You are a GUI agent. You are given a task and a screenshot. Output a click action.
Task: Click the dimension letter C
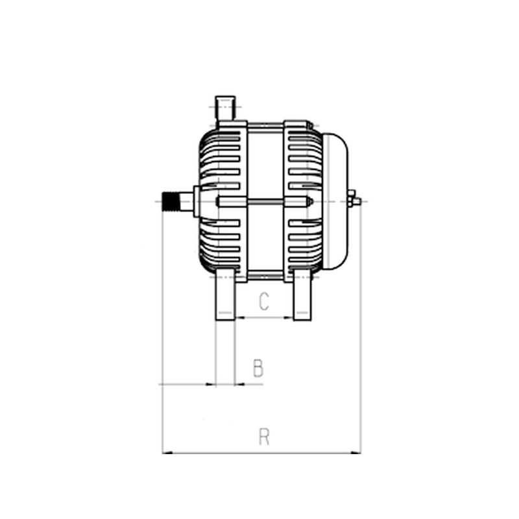(264, 301)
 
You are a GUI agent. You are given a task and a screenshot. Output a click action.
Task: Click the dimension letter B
(258, 368)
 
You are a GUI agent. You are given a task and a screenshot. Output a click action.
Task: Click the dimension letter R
(264, 437)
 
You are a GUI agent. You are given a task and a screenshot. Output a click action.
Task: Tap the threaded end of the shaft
(171, 201)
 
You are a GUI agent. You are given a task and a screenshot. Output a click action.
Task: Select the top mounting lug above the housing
(225, 108)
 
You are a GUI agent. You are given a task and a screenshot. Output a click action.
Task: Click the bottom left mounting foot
(225, 295)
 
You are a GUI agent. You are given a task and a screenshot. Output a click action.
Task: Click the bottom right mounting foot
(302, 295)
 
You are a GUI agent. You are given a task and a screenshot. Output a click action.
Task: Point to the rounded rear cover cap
(335, 201)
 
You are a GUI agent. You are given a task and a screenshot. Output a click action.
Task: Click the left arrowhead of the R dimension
(167, 453)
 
